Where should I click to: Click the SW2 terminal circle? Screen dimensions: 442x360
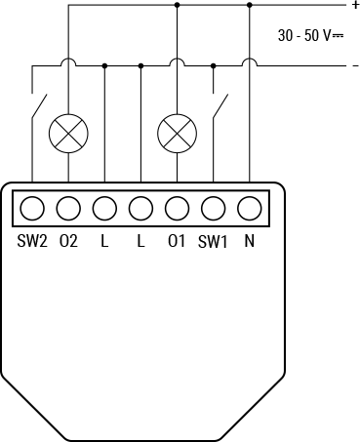[x=32, y=208]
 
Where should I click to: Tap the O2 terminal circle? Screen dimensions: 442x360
[x=68, y=208]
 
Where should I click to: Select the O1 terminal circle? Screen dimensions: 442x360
[x=177, y=208]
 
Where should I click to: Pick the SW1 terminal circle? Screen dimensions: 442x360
[x=213, y=208]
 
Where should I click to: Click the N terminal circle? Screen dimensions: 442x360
[x=249, y=208]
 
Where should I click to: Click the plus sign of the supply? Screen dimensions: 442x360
[x=354, y=5]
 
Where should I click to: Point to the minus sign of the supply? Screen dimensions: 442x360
[x=354, y=65]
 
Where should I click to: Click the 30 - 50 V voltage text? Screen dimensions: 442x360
[x=310, y=35]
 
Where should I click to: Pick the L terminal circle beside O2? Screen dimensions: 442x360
[x=104, y=208]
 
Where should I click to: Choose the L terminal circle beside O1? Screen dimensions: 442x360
[x=140, y=208]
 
